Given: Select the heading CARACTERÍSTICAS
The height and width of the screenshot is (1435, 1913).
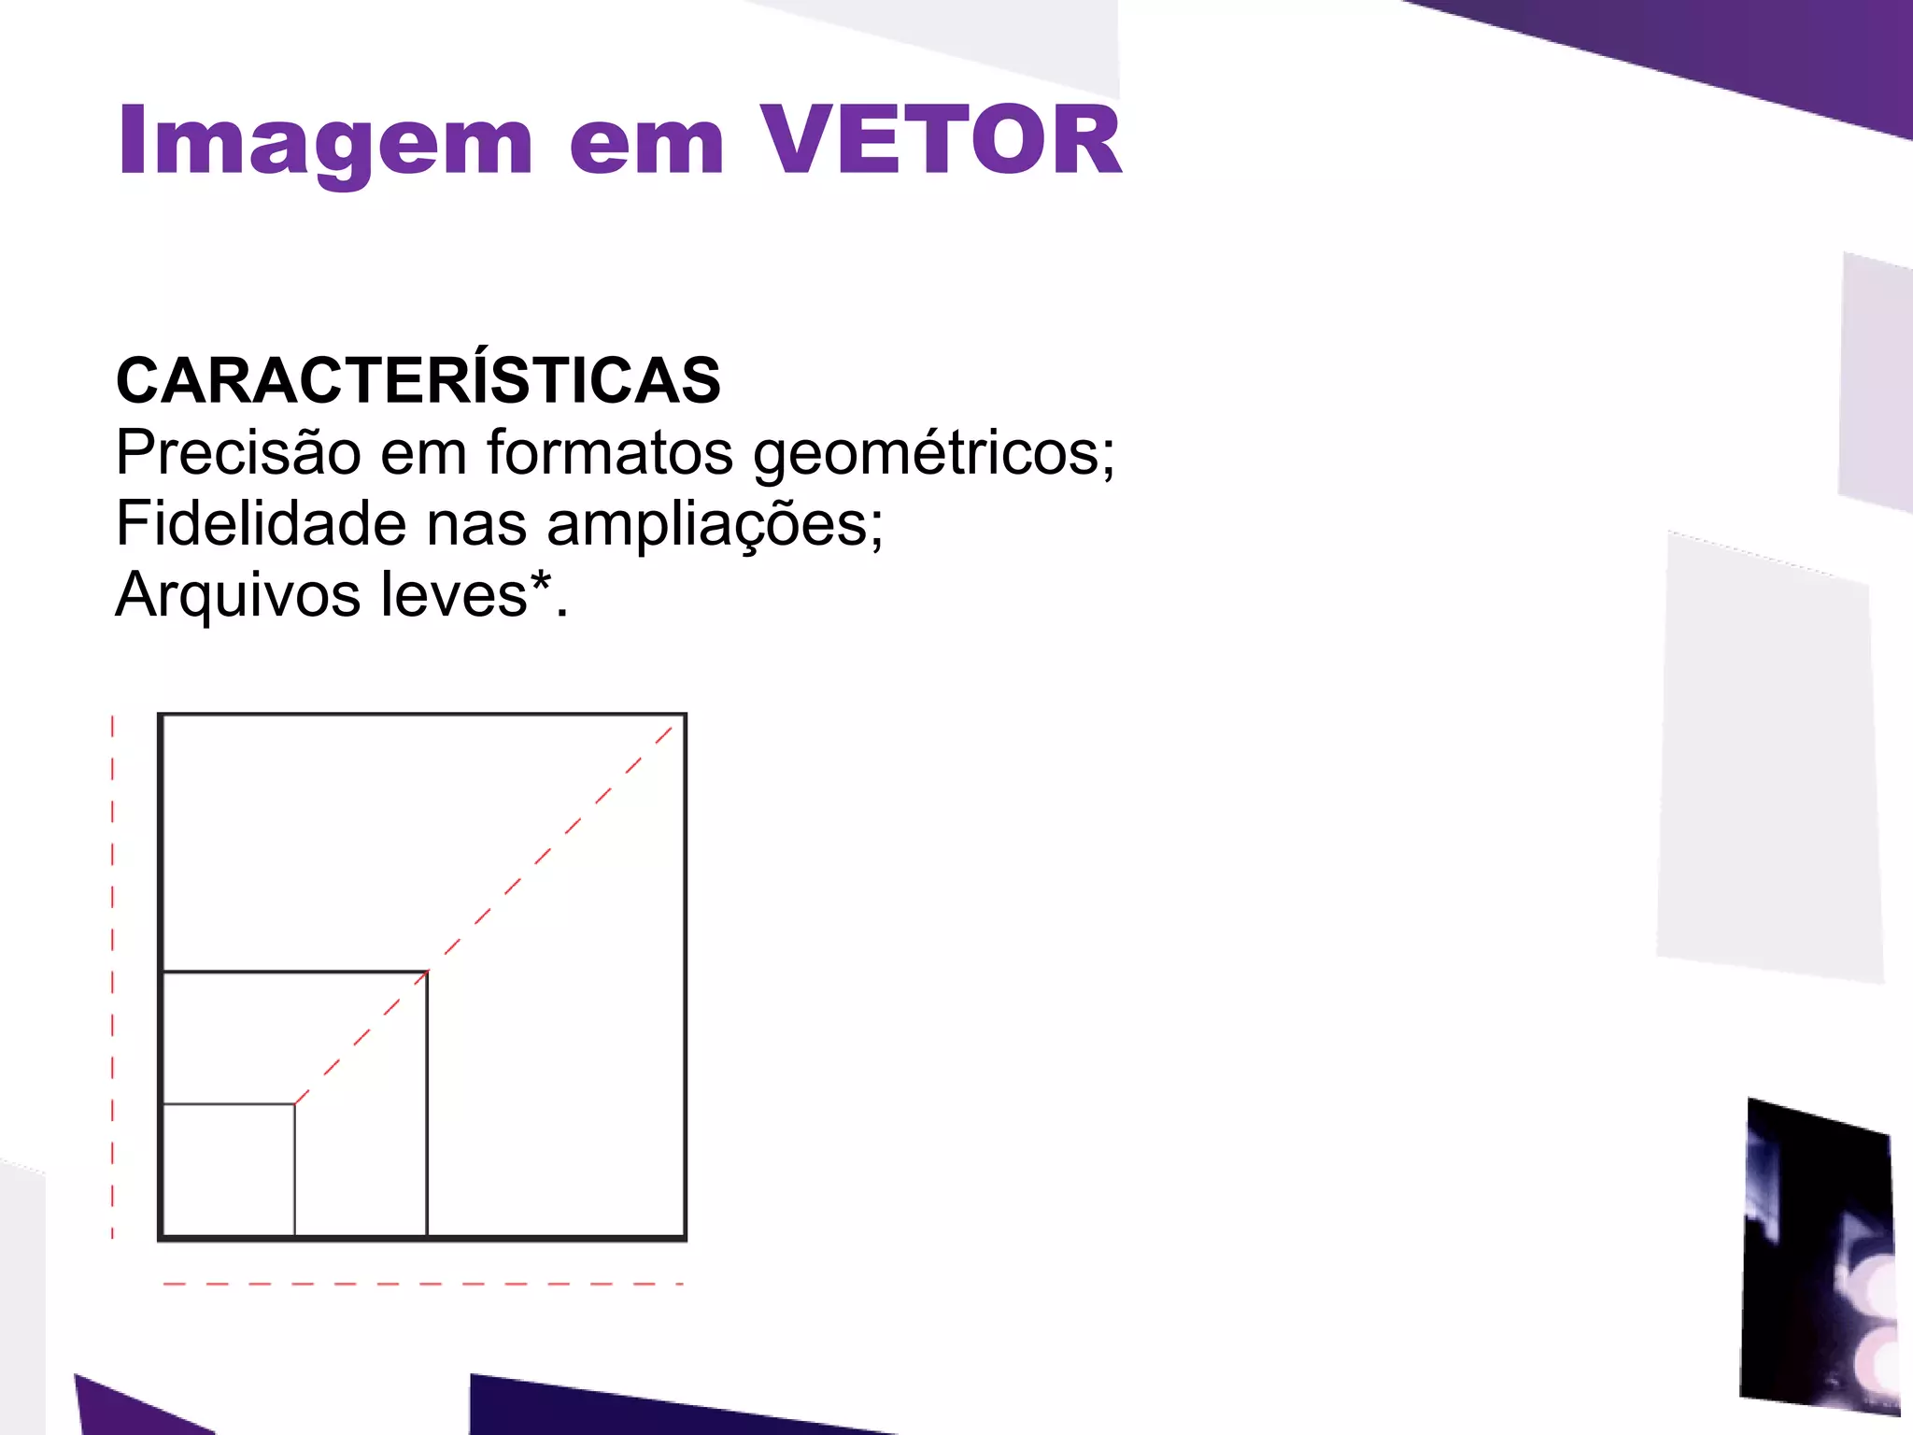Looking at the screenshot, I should (x=418, y=382).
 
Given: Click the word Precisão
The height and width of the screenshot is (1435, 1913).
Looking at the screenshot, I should (x=238, y=453).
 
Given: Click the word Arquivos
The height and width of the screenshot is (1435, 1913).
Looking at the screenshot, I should (x=238, y=595).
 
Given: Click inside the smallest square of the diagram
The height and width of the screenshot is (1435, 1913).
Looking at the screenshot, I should (x=229, y=1170).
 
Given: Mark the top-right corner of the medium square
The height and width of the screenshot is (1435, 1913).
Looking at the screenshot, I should (x=427, y=973).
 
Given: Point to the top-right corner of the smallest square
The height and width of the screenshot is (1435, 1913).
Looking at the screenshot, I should (x=294, y=1104).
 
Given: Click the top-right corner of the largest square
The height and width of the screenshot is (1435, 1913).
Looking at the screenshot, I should (x=684, y=716).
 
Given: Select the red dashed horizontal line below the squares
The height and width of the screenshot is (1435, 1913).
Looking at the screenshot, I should (x=422, y=1284).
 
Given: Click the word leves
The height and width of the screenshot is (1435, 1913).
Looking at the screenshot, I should (x=455, y=595).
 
